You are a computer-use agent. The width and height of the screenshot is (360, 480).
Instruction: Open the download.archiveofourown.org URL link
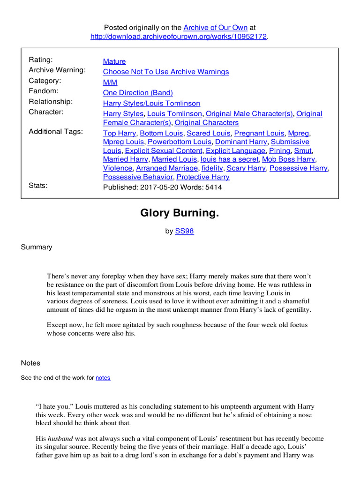tap(179, 37)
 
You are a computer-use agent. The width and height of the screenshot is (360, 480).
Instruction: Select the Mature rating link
tap(114, 61)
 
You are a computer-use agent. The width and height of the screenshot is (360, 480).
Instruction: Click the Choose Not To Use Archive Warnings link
tap(166, 72)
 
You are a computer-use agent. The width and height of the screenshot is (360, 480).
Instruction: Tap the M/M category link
tap(110, 82)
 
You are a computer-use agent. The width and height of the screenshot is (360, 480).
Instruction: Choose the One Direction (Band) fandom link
tap(138, 93)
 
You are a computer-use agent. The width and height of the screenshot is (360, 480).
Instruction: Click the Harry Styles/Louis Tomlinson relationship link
tap(151, 103)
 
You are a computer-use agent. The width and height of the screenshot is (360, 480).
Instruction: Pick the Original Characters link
tap(206, 123)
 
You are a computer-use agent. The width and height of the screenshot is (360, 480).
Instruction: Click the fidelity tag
tap(212, 168)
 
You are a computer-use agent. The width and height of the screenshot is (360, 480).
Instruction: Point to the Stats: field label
tap(38, 186)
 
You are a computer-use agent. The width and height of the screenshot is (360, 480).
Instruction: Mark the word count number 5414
tap(212, 187)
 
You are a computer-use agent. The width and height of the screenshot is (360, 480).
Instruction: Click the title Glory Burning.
tap(180, 214)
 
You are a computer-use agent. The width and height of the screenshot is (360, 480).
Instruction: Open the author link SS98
tap(184, 231)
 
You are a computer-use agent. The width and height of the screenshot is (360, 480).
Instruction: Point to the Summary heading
tap(37, 247)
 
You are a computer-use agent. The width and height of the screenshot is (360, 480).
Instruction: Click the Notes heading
tap(30, 363)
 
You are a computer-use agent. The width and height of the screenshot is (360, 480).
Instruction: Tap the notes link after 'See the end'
tap(103, 378)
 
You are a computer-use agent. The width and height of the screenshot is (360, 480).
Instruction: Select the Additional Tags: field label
tap(56, 132)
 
